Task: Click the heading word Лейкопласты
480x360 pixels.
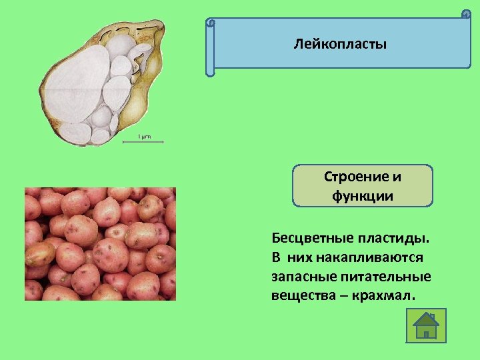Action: (340, 45)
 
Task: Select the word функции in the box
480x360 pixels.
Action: (363, 196)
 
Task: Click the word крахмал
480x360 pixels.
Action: (387, 295)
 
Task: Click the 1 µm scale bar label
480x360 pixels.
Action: (144, 137)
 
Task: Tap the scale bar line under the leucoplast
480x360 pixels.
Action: (143, 141)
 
